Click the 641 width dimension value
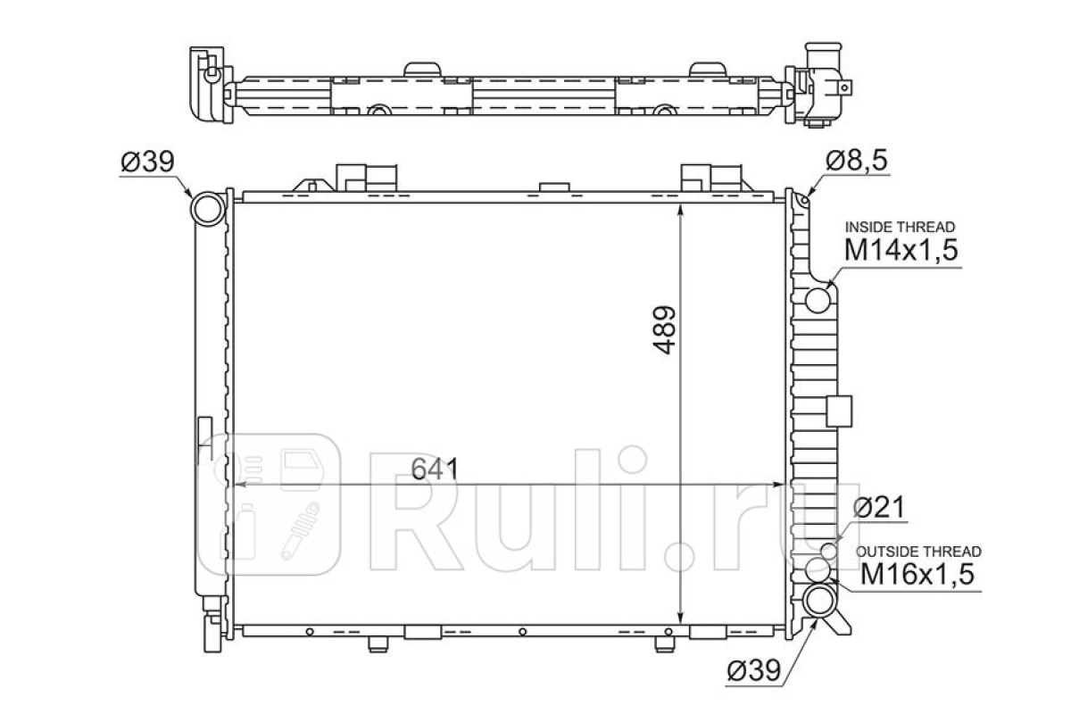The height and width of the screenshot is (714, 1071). pyautogui.click(x=435, y=469)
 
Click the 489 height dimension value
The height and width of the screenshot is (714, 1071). pyautogui.click(x=664, y=330)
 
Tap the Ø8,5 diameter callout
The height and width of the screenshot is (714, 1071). pyautogui.click(x=856, y=161)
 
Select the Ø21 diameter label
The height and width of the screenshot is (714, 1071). pyautogui.click(x=879, y=507)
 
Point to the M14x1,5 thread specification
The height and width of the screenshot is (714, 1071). pyautogui.click(x=901, y=250)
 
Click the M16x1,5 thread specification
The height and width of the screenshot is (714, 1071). pyautogui.click(x=917, y=574)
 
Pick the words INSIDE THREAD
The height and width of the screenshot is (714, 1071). pyautogui.click(x=900, y=227)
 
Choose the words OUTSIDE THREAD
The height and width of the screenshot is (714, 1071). pyautogui.click(x=918, y=552)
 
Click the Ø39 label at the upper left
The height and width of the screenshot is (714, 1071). pyautogui.click(x=148, y=162)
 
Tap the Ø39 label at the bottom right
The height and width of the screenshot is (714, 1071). pyautogui.click(x=754, y=670)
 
